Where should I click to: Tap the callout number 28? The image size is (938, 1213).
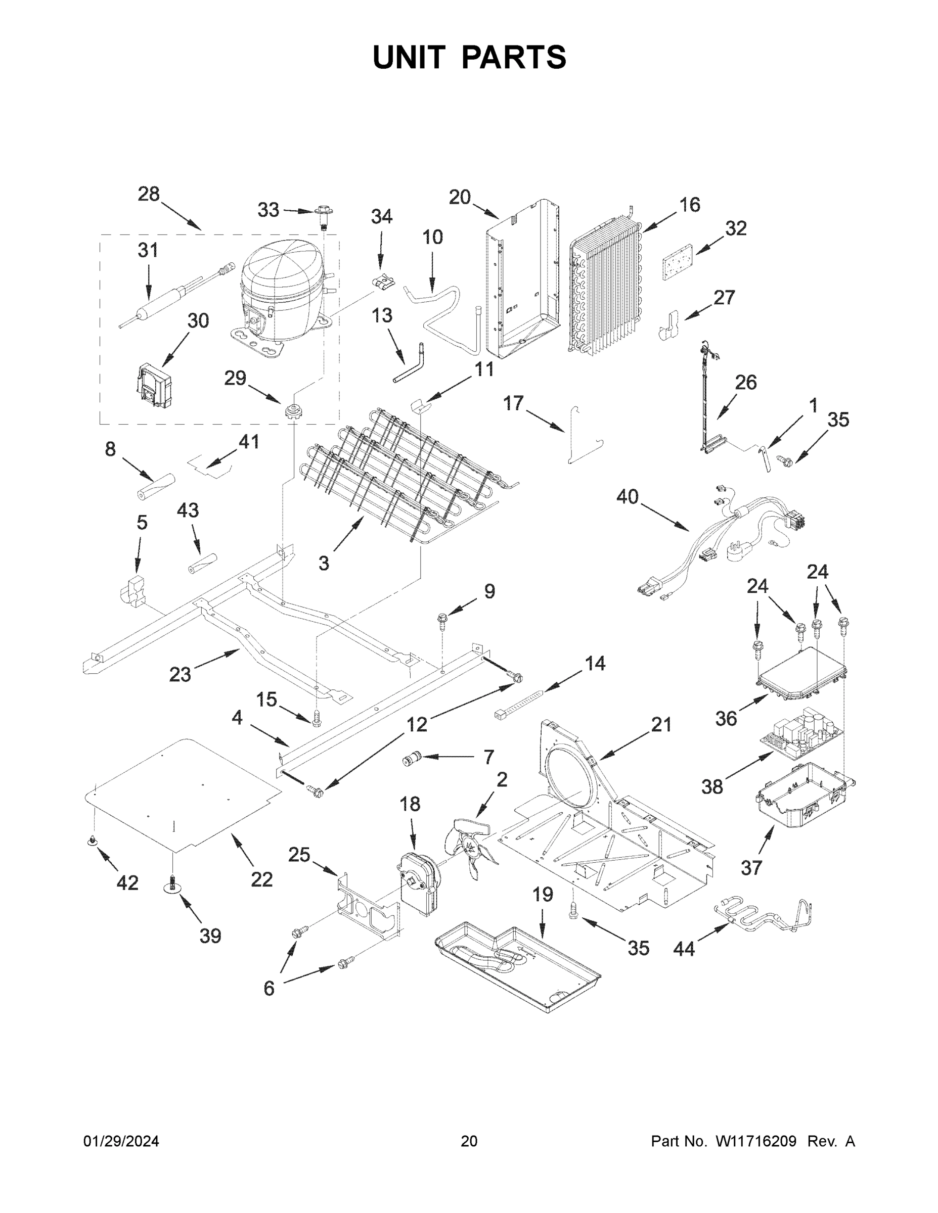(x=149, y=195)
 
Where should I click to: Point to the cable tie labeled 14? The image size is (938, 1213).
(x=517, y=703)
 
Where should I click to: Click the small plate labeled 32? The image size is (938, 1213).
(x=678, y=257)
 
